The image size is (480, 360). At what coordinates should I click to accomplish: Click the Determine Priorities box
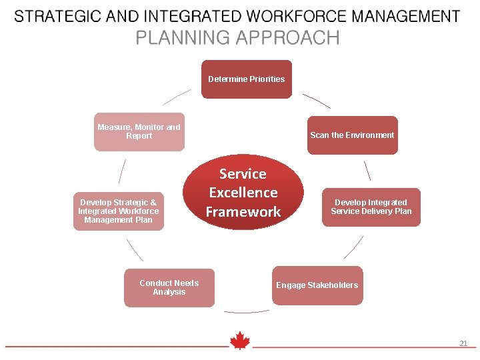click(x=247, y=79)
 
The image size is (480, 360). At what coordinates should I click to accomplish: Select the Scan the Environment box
click(x=352, y=135)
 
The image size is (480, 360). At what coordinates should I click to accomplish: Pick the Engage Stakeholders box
click(x=317, y=285)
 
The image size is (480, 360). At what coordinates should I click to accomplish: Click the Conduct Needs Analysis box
click(x=169, y=288)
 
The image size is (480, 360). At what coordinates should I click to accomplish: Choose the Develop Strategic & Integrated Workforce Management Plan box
click(x=118, y=211)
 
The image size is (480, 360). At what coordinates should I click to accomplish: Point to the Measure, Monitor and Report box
click(x=139, y=132)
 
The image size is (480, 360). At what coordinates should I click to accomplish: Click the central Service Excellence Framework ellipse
click(x=243, y=193)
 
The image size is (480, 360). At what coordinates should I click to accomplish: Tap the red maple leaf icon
click(x=239, y=341)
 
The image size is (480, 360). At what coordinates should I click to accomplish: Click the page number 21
click(x=463, y=343)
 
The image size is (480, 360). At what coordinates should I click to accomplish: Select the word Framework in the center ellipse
click(x=243, y=212)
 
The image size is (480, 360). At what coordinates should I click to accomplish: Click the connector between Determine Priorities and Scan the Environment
click(x=317, y=101)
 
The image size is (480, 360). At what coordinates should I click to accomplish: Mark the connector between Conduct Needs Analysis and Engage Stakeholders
click(x=246, y=311)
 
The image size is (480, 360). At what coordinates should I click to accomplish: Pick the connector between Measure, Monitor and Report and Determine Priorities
click(x=177, y=97)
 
